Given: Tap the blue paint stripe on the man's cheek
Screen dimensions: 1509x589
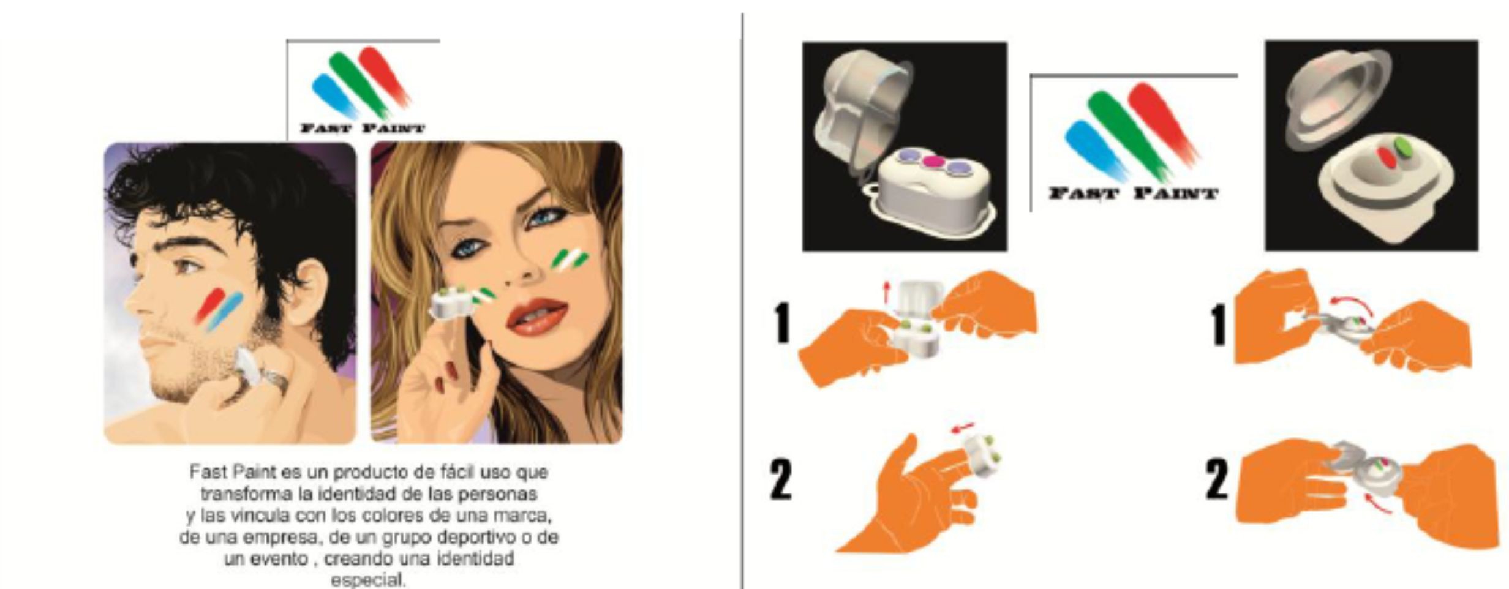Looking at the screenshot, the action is (x=225, y=312).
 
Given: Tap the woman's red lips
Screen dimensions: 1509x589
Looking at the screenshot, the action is (x=537, y=315).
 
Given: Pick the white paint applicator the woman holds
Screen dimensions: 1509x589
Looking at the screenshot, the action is (x=453, y=304).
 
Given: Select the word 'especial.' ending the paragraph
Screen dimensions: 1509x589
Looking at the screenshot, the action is (x=368, y=579).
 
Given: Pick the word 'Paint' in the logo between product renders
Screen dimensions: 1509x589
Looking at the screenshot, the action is (x=1175, y=194).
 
